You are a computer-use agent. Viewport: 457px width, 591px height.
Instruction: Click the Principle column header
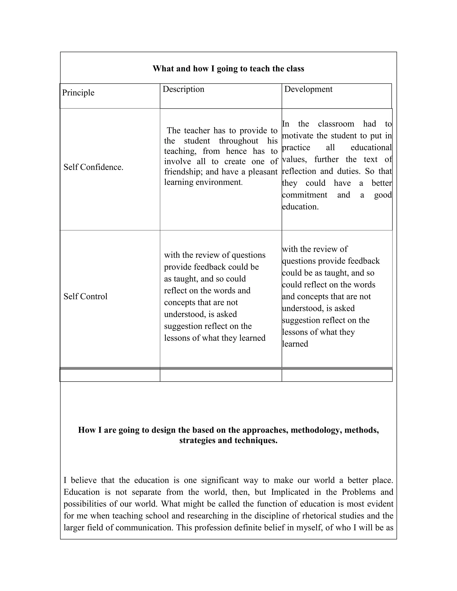pyautogui.click(x=78, y=93)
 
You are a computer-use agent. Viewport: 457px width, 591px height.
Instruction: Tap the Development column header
pyautogui.click(x=308, y=89)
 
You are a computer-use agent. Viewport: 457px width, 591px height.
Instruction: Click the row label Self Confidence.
pyautogui.click(x=93, y=167)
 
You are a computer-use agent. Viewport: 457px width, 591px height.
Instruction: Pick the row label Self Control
pyautogui.click(x=85, y=297)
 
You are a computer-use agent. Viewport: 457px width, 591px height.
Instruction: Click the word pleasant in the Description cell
pyautogui.click(x=263, y=172)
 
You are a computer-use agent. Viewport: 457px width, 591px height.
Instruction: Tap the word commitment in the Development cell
pyautogui.click(x=305, y=195)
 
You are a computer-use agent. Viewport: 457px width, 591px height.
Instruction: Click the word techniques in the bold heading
pyautogui.click(x=256, y=440)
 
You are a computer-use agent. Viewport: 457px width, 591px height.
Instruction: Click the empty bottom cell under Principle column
pyautogui.click(x=110, y=375)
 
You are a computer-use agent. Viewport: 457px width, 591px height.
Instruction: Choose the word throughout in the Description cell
pyautogui.click(x=239, y=141)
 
